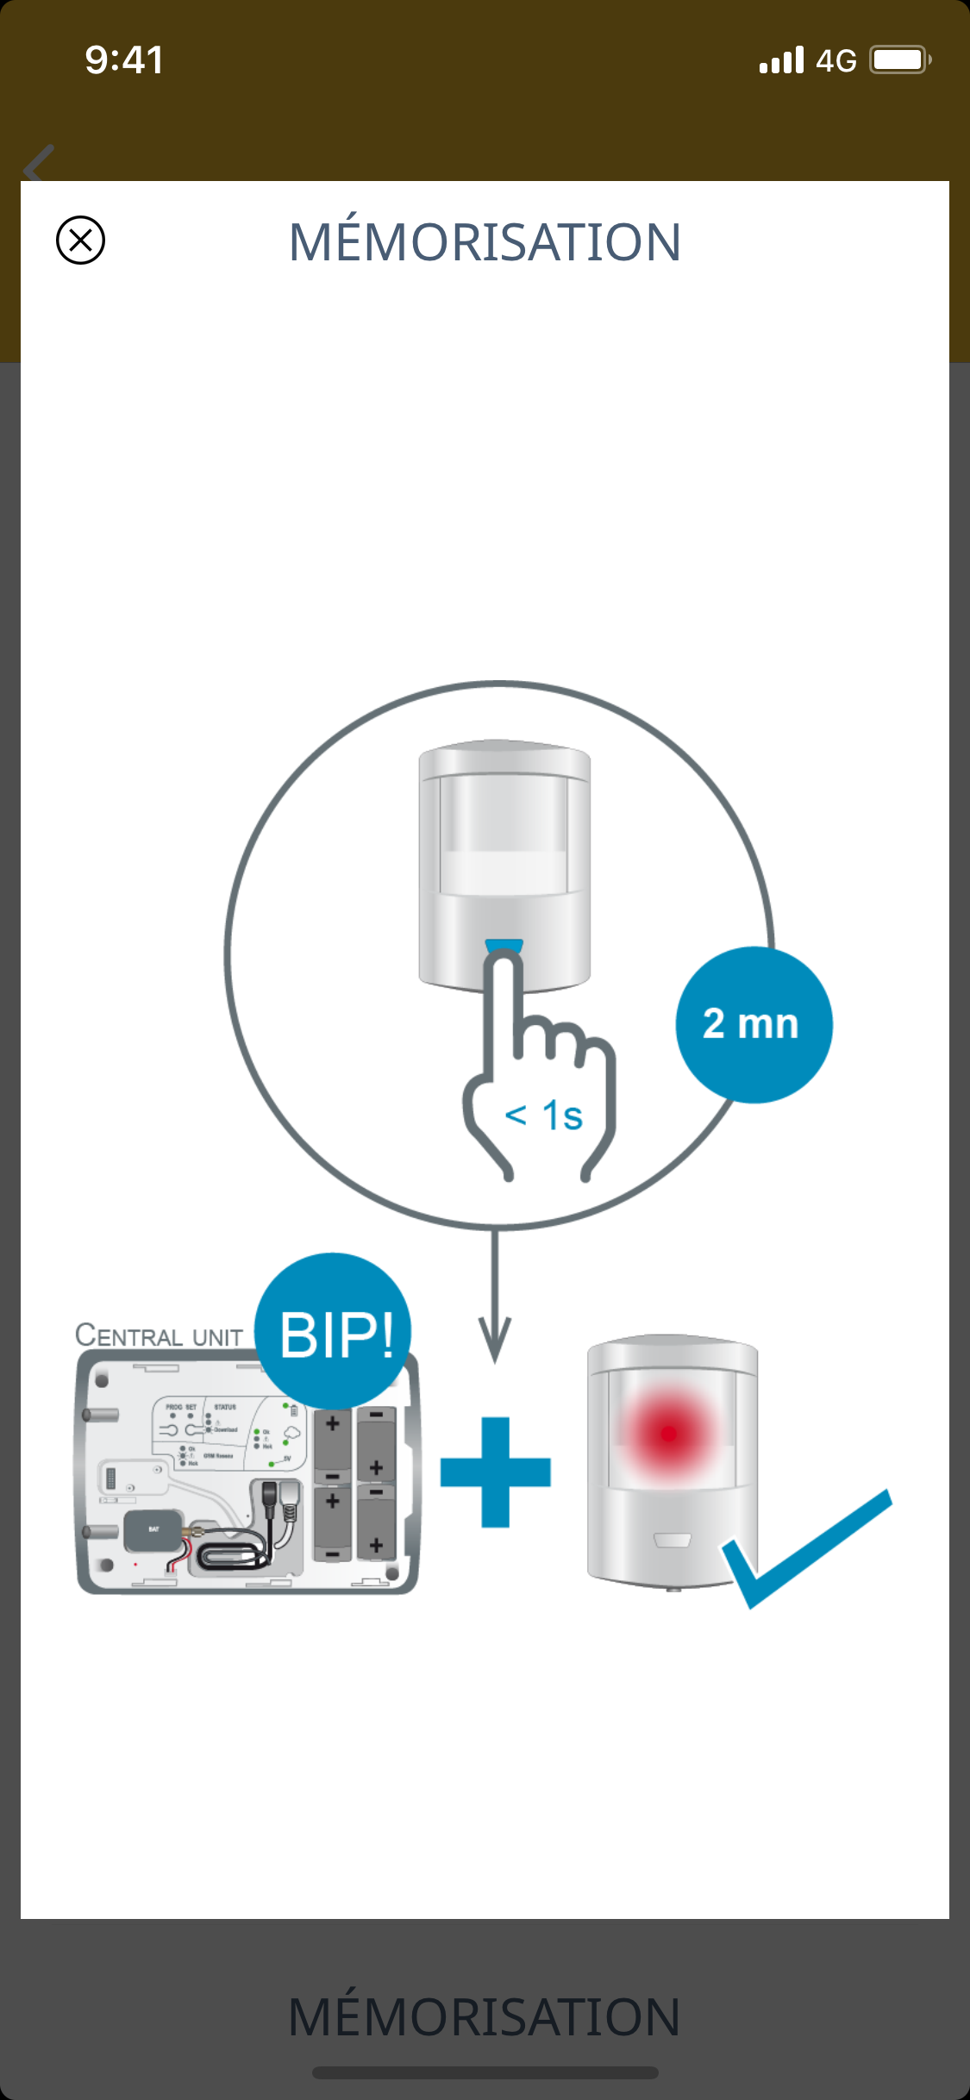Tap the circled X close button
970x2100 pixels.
click(x=80, y=240)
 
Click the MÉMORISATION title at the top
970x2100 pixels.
click(x=485, y=241)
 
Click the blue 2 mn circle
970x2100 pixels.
click(x=753, y=1024)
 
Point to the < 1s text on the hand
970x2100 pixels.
click(x=544, y=1115)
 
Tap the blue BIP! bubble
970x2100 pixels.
click(x=334, y=1333)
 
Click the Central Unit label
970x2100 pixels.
click(x=160, y=1335)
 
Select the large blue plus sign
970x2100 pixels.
click(x=495, y=1472)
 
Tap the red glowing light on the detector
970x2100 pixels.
click(x=668, y=1434)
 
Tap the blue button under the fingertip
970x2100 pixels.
click(x=504, y=946)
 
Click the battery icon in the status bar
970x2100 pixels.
click(x=899, y=60)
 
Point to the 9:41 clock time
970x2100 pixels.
click(x=124, y=60)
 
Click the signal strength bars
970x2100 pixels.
click(x=781, y=60)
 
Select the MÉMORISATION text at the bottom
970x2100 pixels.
click(x=485, y=2017)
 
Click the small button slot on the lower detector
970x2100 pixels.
click(x=673, y=1540)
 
